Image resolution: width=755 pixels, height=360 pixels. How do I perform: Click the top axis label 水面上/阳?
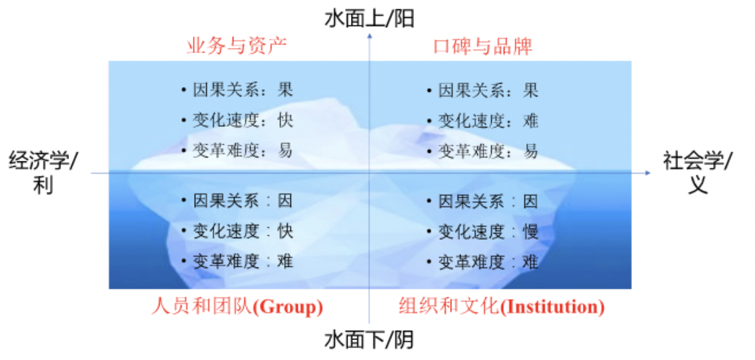tap(370, 19)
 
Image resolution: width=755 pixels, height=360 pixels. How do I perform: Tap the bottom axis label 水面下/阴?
tap(370, 340)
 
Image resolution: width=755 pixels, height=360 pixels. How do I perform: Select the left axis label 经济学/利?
tap(43, 173)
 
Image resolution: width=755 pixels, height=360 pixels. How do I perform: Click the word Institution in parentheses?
tap(552, 307)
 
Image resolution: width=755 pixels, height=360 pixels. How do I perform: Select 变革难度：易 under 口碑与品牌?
tap(488, 151)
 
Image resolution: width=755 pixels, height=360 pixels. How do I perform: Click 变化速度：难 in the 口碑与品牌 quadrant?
tap(488, 120)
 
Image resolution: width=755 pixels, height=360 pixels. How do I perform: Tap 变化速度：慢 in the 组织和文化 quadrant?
tap(488, 232)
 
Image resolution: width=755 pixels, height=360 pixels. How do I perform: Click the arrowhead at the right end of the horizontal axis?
tap(648, 173)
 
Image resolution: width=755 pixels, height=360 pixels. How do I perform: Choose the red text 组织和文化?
tap(450, 307)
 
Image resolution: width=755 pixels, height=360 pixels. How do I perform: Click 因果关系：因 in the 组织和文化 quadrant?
tap(488, 201)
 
